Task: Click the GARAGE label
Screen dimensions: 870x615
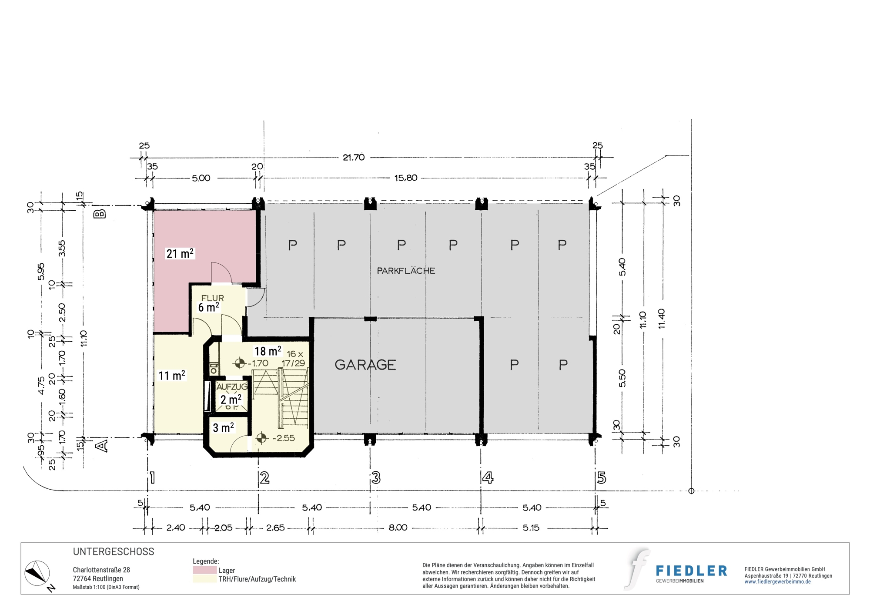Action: point(365,365)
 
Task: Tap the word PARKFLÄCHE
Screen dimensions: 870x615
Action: point(406,271)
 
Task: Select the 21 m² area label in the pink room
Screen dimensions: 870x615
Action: point(180,253)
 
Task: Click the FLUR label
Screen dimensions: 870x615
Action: point(213,298)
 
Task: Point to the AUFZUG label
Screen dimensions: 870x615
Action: point(232,386)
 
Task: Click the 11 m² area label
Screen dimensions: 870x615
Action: point(172,375)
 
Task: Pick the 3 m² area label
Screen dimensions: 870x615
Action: point(223,427)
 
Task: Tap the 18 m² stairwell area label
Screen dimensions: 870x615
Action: point(268,351)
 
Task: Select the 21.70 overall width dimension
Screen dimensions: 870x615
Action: point(354,158)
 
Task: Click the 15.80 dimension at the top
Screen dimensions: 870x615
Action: point(406,178)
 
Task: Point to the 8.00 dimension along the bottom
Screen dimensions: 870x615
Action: point(398,528)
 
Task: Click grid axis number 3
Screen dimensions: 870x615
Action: point(376,478)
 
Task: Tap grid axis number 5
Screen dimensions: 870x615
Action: point(601,478)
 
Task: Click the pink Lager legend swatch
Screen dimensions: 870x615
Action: point(204,570)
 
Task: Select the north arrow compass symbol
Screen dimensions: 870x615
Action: point(37,574)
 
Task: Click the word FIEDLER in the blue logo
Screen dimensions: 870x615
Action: point(691,571)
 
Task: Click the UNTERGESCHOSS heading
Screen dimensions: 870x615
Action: point(114,551)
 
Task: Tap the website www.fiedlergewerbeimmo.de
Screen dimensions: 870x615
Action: point(777,582)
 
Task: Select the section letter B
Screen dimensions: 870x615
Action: point(100,214)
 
